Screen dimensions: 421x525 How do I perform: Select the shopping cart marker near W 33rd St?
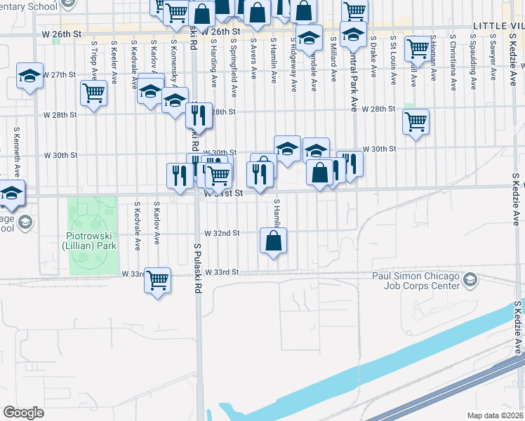158,281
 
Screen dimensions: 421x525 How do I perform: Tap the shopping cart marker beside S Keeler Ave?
93,93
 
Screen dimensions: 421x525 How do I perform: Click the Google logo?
23,413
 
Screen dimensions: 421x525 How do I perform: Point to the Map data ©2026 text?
496,415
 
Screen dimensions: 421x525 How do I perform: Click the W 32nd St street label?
222,233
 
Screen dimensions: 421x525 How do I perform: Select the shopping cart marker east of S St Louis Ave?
418,48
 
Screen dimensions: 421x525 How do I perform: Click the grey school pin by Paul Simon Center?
470,281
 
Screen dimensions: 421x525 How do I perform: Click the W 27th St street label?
59,74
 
